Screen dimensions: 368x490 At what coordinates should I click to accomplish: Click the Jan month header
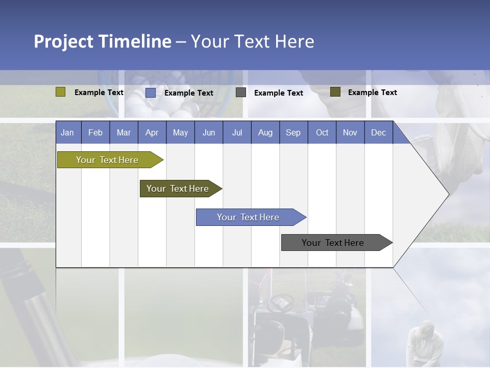tap(67, 132)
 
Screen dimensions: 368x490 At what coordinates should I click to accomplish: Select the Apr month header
tap(152, 132)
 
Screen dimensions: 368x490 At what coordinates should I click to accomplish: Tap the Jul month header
tap(237, 132)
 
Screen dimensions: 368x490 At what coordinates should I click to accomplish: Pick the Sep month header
tap(293, 132)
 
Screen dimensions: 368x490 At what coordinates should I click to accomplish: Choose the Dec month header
tap(378, 132)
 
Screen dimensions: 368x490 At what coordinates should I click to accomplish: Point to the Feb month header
tap(95, 132)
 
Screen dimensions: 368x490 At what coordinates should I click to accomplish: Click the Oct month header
tap(322, 132)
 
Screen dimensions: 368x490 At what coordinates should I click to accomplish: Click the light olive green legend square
tap(61, 92)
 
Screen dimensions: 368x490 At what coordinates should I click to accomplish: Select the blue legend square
tap(151, 93)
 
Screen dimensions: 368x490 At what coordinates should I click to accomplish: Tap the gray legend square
tap(241, 93)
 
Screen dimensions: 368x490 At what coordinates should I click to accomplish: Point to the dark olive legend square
tap(335, 92)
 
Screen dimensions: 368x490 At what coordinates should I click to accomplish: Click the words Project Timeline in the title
tap(103, 41)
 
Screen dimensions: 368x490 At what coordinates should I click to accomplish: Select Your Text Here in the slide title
tap(252, 41)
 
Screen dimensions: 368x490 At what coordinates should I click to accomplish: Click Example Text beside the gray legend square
tap(278, 93)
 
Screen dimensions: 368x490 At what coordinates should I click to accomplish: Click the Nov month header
tap(350, 132)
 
